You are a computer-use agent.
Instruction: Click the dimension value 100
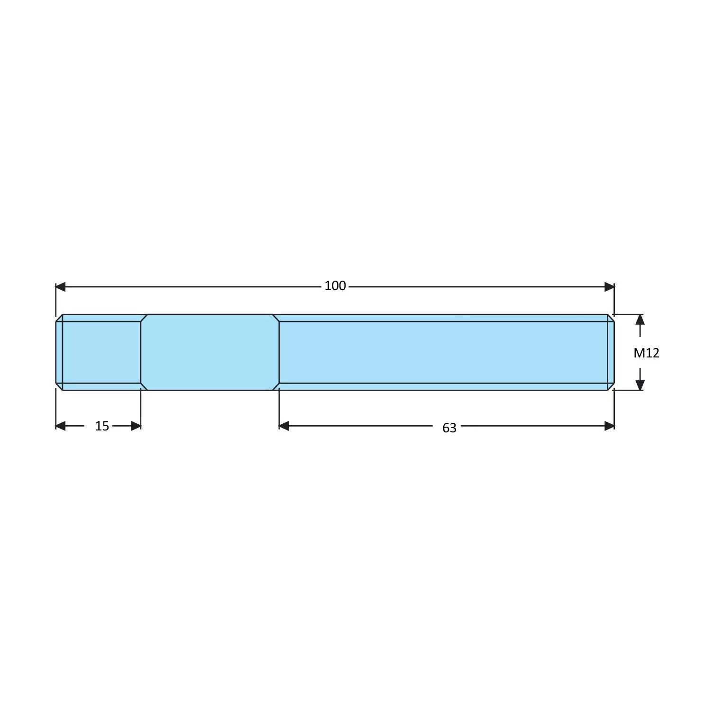[335, 286]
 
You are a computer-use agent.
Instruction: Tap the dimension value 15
[102, 426]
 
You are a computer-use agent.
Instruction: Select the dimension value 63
[449, 428]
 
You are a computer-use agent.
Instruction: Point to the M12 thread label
[646, 353]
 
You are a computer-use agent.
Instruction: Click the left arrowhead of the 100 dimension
[60, 287]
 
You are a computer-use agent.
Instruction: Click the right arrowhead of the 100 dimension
[610, 287]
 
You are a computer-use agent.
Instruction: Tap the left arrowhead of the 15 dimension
[60, 426]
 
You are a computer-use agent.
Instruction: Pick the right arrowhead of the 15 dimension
[136, 426]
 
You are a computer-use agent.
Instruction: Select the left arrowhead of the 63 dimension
[284, 426]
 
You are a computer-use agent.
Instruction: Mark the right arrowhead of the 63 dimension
[610, 426]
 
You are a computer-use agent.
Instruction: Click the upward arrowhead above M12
[640, 319]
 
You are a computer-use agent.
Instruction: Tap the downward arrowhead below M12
[640, 385]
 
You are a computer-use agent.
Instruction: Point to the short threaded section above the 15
[101, 352]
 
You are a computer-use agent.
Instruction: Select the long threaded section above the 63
[443, 352]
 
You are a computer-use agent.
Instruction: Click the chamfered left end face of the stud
[59, 352]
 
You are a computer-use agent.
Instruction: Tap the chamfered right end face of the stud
[611, 352]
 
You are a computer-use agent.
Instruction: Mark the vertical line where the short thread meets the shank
[141, 352]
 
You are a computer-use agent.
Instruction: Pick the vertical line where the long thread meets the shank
[279, 352]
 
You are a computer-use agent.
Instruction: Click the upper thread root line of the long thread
[443, 321]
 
